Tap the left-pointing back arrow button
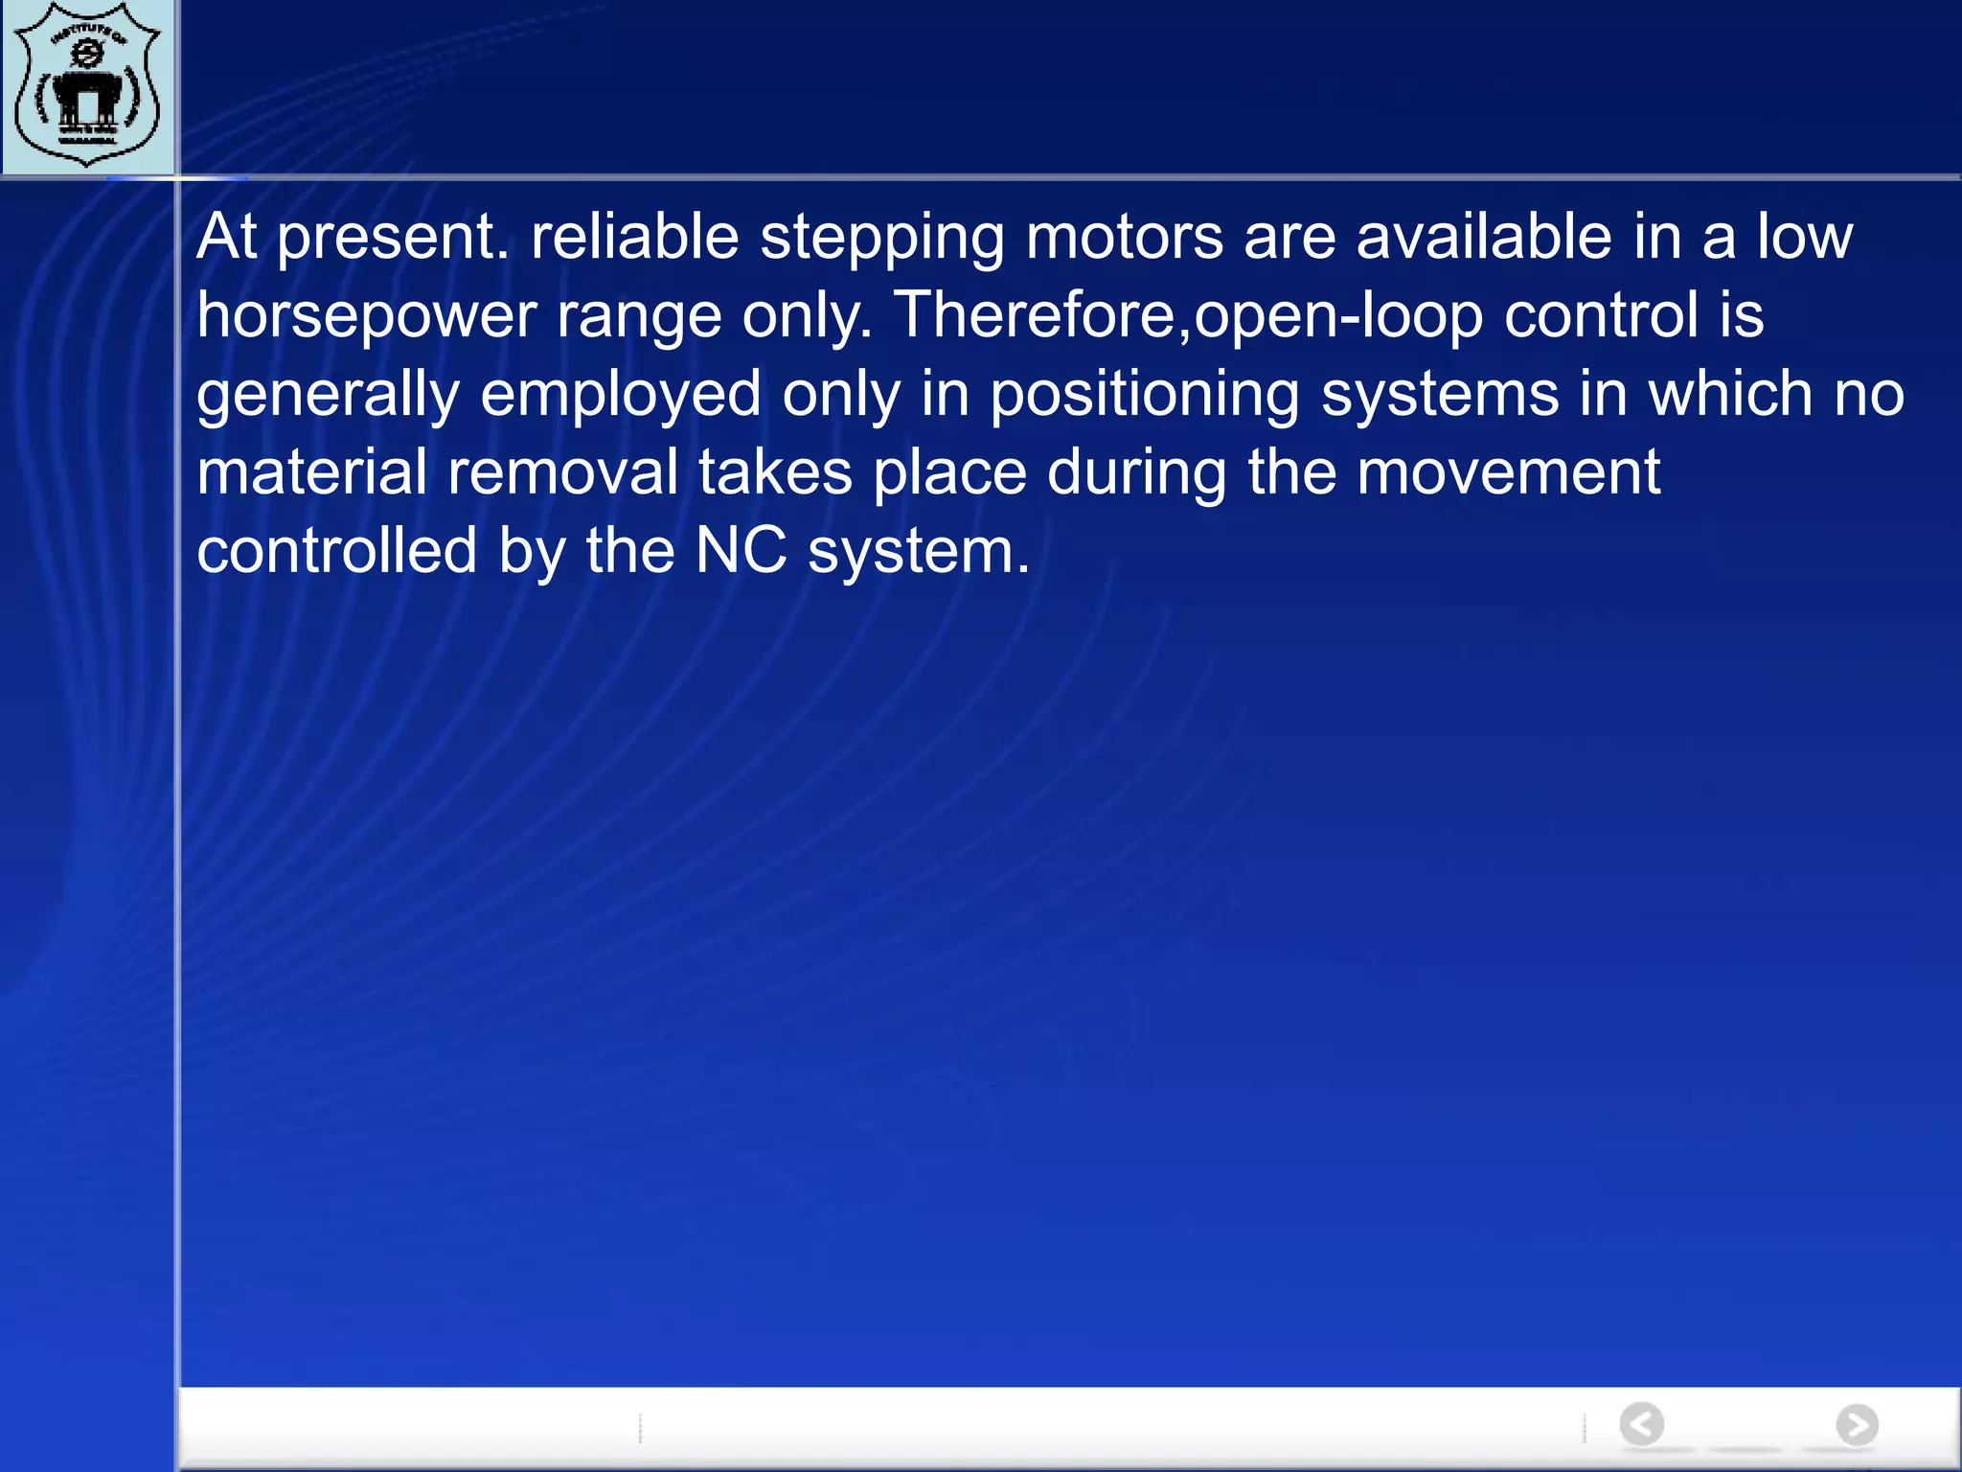[x=1642, y=1424]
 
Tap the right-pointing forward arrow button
[x=1857, y=1424]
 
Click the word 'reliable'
[x=635, y=237]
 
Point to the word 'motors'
[x=1125, y=237]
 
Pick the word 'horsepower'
[x=367, y=316]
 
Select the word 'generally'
[x=329, y=396]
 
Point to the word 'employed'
[x=621, y=396]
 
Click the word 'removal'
[x=562, y=472]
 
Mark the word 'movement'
[x=1508, y=472]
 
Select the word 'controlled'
[x=337, y=551]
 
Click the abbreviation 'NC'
[x=741, y=551]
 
